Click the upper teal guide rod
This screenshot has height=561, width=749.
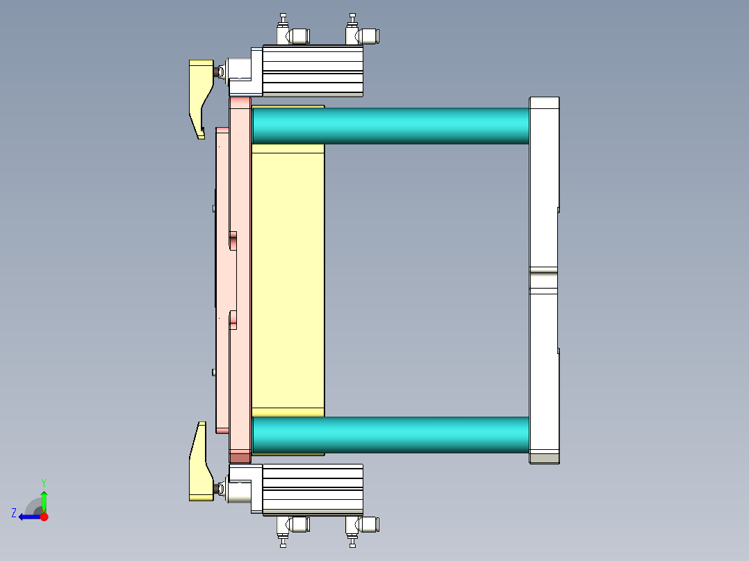click(x=389, y=126)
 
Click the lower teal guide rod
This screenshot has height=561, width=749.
click(x=389, y=435)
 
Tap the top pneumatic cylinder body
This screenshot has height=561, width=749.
click(x=313, y=70)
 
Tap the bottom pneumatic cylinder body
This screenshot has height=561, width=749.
click(x=313, y=489)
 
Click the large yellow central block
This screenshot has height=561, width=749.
click(x=288, y=278)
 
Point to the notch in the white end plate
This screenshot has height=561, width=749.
click(x=543, y=280)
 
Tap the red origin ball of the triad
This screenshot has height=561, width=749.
click(x=44, y=517)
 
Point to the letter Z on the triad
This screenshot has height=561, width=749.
click(x=14, y=512)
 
